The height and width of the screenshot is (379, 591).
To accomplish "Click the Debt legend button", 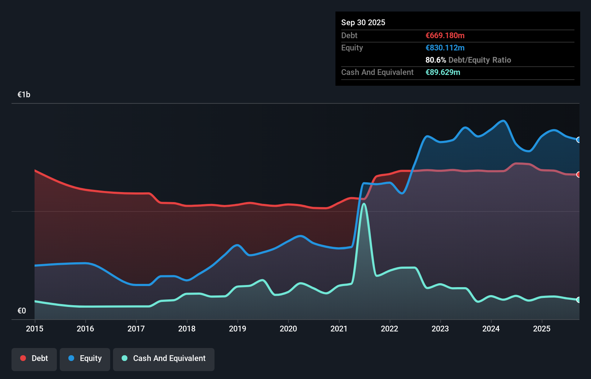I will (34, 358).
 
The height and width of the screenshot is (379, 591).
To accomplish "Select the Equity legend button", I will (85, 358).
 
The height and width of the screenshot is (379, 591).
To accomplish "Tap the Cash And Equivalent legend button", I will (164, 358).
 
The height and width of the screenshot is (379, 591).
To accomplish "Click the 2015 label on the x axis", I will (35, 329).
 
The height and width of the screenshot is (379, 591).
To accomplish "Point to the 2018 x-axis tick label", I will (187, 329).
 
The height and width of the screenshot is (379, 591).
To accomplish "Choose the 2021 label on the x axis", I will (339, 329).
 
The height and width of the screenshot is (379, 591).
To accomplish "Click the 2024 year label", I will (491, 329).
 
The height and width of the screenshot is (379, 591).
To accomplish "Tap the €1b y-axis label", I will (24, 95).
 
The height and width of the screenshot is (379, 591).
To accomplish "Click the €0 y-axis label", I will (22, 311).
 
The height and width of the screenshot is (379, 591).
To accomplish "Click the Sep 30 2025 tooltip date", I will (363, 23).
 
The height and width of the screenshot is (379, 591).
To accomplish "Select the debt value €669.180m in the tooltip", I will (445, 36).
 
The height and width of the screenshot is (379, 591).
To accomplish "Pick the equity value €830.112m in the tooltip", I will (445, 48).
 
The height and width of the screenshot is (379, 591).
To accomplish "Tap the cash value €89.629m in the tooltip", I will (443, 72).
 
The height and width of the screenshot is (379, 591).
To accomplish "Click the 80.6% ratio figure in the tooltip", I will (436, 60).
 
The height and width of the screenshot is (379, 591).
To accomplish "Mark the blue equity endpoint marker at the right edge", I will (578, 140).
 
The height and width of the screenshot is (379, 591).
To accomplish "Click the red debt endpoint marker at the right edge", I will (578, 174).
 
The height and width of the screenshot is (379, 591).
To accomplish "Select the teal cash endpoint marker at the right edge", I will (578, 300).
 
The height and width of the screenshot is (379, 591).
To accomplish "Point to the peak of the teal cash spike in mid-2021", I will (364, 204).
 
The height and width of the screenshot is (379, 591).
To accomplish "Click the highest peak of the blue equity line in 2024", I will (503, 121).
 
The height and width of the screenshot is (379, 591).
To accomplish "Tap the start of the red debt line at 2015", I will (35, 170).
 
